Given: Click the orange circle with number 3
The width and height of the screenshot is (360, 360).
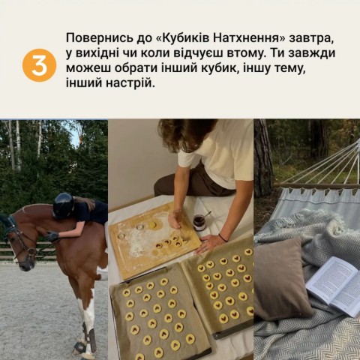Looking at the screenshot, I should click(39, 65).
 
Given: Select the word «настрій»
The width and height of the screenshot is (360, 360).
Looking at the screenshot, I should click(133, 83).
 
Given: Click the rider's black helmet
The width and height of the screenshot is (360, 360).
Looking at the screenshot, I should click(63, 204).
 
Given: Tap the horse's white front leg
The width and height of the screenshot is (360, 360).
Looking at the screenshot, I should click(88, 315).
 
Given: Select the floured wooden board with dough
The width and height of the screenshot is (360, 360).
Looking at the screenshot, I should click(154, 238).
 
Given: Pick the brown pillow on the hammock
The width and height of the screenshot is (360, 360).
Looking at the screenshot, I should click(281, 277).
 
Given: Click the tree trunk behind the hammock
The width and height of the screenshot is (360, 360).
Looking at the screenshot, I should click(263, 157).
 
